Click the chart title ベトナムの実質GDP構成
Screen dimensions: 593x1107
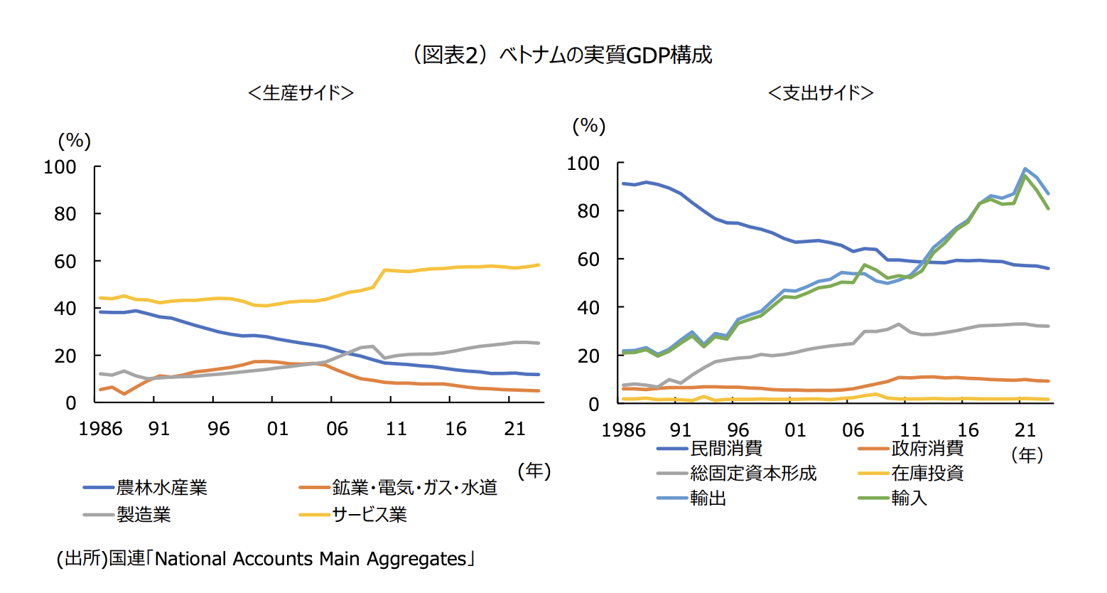pos(561,55)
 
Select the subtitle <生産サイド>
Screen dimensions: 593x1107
pos(301,93)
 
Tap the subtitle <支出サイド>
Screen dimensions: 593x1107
pos(821,93)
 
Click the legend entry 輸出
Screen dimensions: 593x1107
pos(708,498)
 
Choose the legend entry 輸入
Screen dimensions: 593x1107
pos(909,498)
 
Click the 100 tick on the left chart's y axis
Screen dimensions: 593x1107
pos(60,167)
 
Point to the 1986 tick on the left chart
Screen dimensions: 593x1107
pos(100,429)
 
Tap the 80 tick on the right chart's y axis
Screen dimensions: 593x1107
pos(588,211)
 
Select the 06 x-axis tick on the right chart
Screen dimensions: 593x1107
pos(853,430)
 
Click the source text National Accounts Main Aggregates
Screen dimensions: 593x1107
pos(310,559)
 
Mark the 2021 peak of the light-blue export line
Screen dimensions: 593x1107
pos(1025,169)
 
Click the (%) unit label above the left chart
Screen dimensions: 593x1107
pos(74,140)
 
